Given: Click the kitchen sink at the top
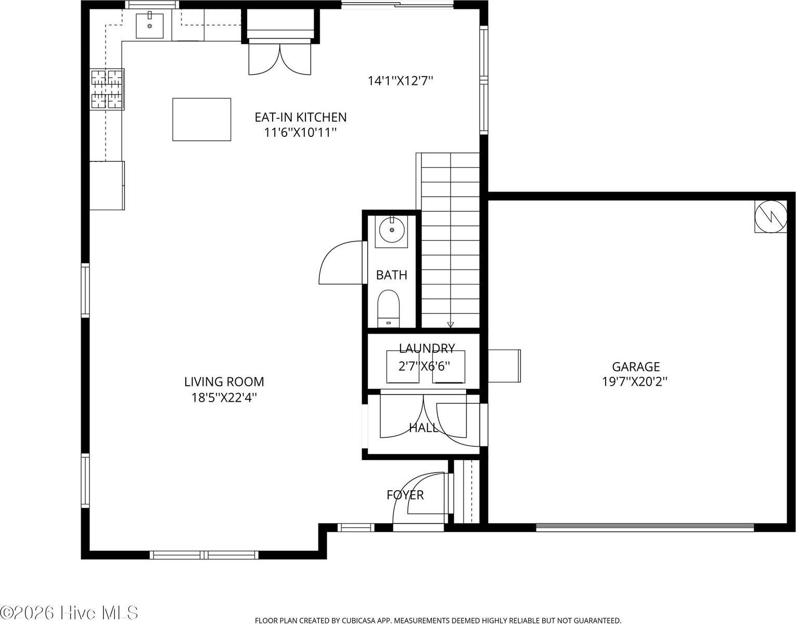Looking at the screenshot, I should [x=150, y=26].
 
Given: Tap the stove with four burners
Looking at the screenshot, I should [x=108, y=89].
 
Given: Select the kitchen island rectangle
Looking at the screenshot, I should [x=202, y=119].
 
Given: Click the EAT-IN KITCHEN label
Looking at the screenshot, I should [x=300, y=117].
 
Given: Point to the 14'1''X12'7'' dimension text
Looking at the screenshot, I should [x=401, y=81].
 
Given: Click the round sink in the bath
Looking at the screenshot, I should [x=391, y=230].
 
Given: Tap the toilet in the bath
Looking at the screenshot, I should [x=388, y=308].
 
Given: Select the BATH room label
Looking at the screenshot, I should [x=391, y=275].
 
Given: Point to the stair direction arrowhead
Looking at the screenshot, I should [x=451, y=325].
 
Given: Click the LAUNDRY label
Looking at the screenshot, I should [x=427, y=348].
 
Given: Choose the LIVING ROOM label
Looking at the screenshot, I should [x=224, y=381].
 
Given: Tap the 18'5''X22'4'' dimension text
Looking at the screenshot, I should [x=224, y=398].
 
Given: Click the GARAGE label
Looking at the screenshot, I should [x=636, y=366].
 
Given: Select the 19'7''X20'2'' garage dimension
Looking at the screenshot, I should [x=635, y=381].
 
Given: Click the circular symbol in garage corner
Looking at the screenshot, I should [x=771, y=216].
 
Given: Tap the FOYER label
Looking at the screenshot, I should [x=405, y=494].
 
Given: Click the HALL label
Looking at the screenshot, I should [x=423, y=428].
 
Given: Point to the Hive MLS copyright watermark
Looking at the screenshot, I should [x=69, y=612].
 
